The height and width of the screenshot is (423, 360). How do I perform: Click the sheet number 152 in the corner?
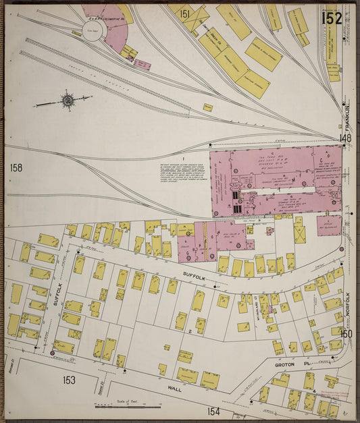tap(331, 18)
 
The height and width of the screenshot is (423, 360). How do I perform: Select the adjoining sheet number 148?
tap(346, 138)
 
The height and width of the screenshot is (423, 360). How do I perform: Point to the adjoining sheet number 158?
tap(17, 167)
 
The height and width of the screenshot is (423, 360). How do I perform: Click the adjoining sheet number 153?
tap(69, 380)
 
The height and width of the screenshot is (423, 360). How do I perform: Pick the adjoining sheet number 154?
tap(214, 411)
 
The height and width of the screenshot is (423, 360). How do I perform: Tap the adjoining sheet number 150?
tap(346, 333)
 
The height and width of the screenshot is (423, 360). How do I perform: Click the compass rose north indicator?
tap(67, 102)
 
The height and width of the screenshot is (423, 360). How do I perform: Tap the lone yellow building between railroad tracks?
tap(208, 107)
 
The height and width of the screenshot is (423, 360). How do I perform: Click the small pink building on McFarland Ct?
tap(269, 310)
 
